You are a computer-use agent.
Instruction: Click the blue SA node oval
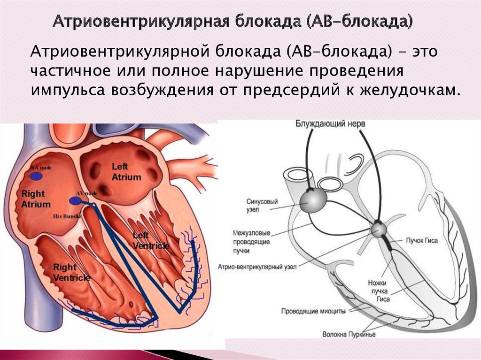coord(36,176)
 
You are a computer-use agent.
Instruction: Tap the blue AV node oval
coord(75,201)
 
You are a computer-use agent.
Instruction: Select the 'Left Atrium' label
coord(126,172)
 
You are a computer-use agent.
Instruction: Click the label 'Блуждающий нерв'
coord(330,123)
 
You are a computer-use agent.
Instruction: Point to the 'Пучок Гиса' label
coord(422,240)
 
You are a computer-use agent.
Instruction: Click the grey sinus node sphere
coord(311,200)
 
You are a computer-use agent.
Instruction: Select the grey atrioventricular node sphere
coord(379,230)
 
